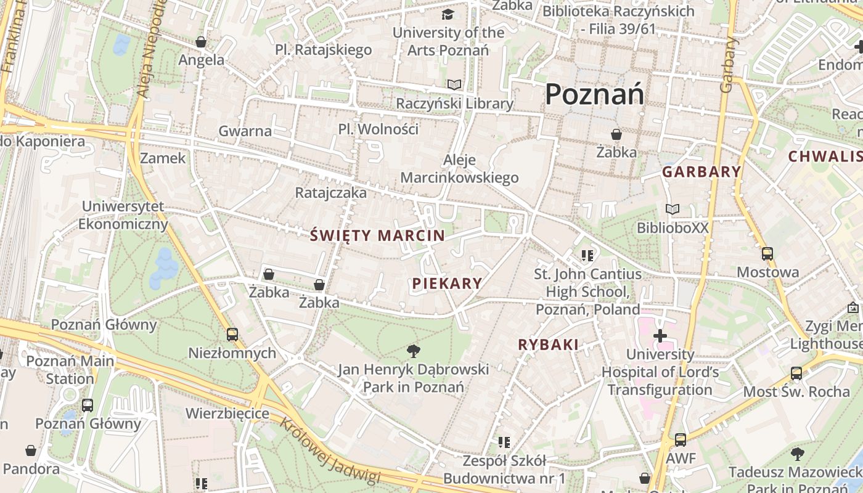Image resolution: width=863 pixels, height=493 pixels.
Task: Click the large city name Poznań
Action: [x=595, y=94]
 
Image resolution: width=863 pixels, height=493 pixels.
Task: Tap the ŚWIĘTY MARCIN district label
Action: [x=377, y=235]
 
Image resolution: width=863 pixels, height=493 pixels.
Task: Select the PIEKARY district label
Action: [x=447, y=283]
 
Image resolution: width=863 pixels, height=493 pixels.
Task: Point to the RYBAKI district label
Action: [x=549, y=345]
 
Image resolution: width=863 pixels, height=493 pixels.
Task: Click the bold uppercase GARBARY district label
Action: [x=701, y=172]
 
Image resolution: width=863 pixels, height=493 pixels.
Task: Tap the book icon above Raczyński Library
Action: [x=454, y=85]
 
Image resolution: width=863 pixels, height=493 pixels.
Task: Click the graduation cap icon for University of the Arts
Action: [x=448, y=14]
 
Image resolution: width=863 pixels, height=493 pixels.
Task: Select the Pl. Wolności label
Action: [x=378, y=129]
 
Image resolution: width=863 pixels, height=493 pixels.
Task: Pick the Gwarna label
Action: [x=245, y=131]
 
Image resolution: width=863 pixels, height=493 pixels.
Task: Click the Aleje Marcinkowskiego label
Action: [x=459, y=169]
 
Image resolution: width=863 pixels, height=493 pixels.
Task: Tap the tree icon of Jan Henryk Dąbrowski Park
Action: [x=414, y=351]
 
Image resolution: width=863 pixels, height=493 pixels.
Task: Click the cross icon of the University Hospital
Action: [x=660, y=336]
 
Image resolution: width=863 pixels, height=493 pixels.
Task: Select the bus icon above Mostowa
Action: [x=767, y=253]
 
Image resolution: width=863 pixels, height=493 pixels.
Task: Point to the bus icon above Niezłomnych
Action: [x=232, y=335]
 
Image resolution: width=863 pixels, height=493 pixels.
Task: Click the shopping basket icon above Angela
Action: [x=201, y=42]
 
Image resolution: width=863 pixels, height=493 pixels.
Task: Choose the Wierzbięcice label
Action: [x=227, y=413]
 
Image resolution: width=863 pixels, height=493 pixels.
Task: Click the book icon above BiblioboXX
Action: [x=673, y=210]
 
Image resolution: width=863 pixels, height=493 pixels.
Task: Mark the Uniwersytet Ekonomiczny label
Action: [x=123, y=215]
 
